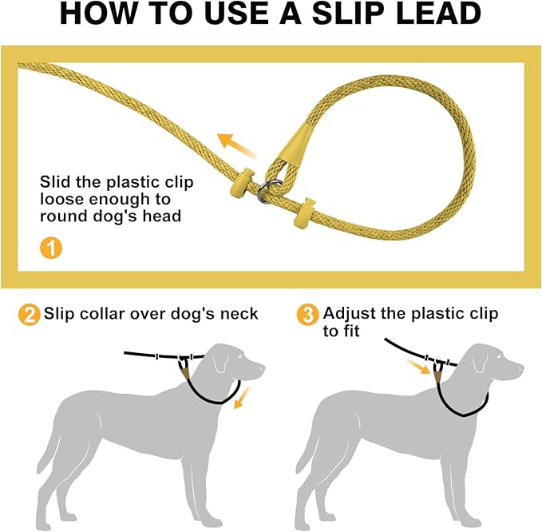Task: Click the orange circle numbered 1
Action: [x=50, y=248]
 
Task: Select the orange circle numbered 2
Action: [x=29, y=314]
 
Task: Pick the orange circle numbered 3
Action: [x=308, y=314]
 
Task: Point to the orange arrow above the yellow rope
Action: [x=237, y=145]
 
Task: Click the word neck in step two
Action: [x=238, y=313]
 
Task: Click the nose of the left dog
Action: [x=261, y=368]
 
